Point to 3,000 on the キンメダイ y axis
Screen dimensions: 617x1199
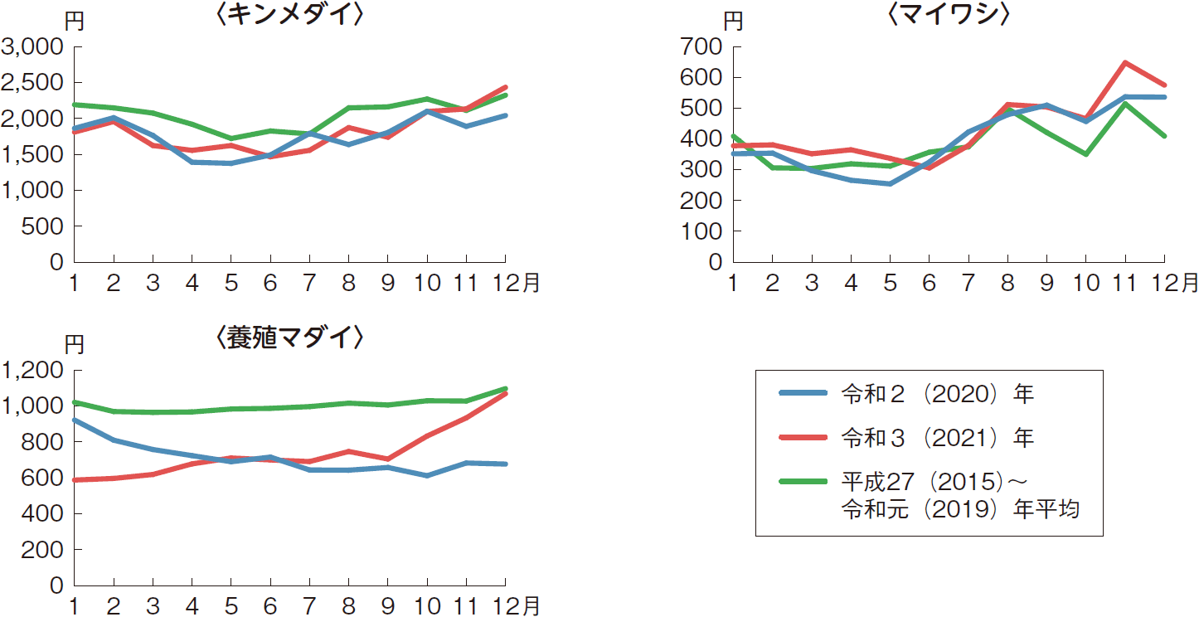point(32,47)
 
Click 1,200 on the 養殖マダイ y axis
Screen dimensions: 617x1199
point(32,371)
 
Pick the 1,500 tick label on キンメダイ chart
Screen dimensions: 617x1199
point(32,154)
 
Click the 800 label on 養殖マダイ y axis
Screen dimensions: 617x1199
point(41,442)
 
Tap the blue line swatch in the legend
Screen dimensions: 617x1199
point(803,394)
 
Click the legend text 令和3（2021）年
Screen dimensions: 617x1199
point(937,438)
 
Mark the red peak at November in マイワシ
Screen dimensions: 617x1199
point(1125,62)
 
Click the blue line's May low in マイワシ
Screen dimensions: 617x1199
point(890,183)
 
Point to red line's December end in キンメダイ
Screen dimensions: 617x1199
point(506,87)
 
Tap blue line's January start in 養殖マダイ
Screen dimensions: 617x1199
point(75,420)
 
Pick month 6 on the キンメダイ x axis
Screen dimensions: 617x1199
point(270,284)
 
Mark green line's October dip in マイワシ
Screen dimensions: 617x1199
point(1086,154)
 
